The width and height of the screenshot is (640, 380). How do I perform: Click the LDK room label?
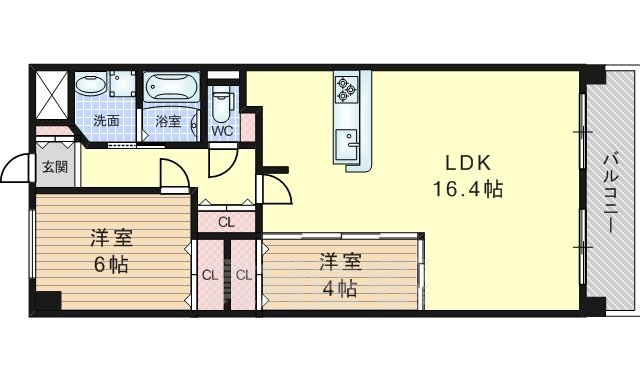[x=467, y=163]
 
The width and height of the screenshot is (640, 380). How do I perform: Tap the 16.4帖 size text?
[x=467, y=189]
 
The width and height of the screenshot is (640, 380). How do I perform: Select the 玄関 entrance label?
[x=55, y=167]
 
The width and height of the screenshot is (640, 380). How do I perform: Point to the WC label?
[x=222, y=131]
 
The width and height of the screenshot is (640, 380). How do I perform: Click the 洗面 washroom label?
[x=106, y=121]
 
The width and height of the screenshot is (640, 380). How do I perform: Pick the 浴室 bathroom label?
[x=168, y=121]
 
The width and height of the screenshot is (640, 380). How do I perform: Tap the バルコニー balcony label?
[x=610, y=193]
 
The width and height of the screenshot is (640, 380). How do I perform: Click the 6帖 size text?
[x=111, y=264]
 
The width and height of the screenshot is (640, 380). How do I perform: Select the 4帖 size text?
[x=340, y=289]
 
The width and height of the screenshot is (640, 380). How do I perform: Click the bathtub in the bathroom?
[x=171, y=87]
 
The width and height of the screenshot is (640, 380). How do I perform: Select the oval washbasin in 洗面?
[x=91, y=85]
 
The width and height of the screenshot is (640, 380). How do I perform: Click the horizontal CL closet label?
[x=227, y=223]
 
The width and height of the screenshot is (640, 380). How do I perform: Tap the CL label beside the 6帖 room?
[x=210, y=276]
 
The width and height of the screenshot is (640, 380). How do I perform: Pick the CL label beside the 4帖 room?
[x=244, y=276]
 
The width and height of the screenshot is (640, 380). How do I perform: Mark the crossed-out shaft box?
[x=52, y=95]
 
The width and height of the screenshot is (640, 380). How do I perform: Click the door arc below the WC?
[x=223, y=162]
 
